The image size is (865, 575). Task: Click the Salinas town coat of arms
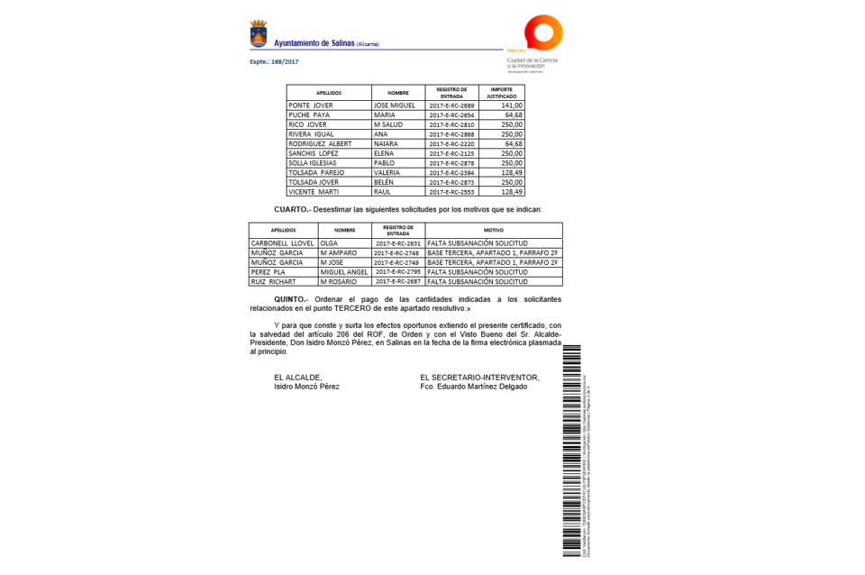258,35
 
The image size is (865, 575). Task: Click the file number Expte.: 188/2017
274,61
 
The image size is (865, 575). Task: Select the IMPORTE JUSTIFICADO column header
502,92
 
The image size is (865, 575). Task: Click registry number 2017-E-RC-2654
451,115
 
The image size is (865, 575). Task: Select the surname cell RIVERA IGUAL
311,134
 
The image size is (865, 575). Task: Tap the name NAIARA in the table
386,144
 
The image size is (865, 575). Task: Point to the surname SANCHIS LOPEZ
312,154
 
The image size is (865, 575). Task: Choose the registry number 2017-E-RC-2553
451,192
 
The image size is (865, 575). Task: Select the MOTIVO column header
494,230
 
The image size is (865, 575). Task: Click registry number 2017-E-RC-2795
397,271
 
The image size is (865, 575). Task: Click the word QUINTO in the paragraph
291,298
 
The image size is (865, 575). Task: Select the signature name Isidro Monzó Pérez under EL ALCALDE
306,386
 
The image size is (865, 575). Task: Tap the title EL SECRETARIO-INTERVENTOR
479,377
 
